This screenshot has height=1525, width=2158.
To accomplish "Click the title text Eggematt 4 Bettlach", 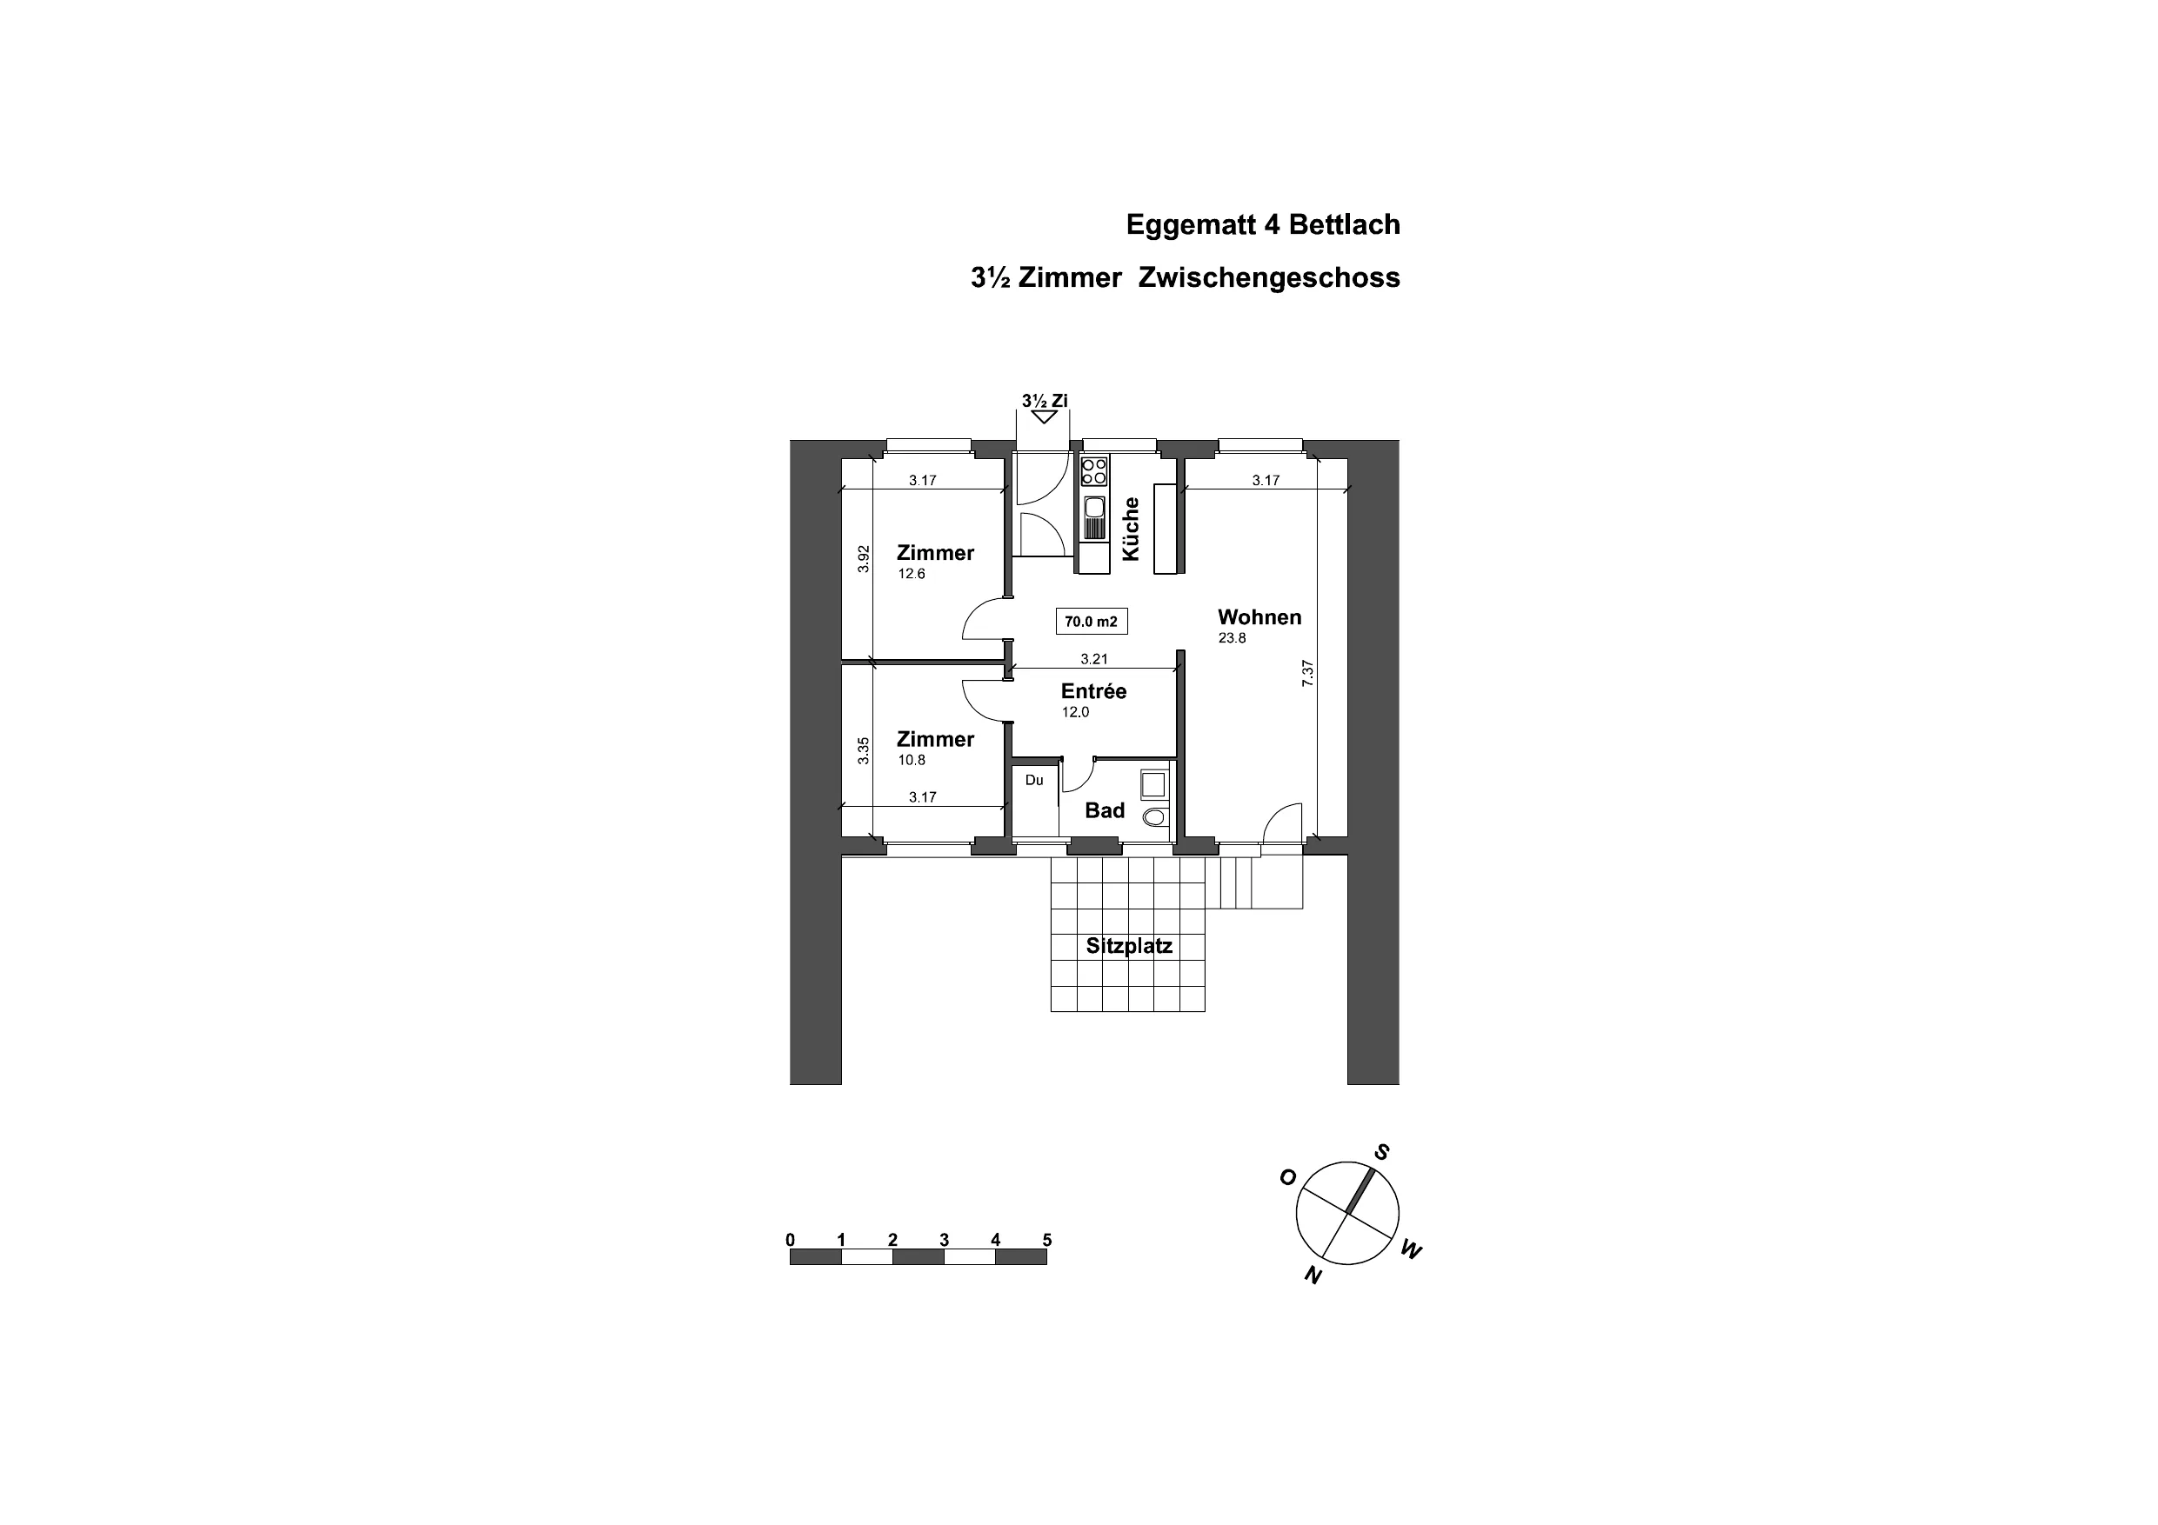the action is pos(1262,225).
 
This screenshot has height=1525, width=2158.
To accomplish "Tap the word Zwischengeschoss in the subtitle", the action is pos(1269,279).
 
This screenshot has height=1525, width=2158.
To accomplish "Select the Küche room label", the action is pos(1131,529).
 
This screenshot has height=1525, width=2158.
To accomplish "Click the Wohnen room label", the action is pos(1259,617).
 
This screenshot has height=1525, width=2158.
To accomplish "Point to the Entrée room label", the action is pos(1093,690).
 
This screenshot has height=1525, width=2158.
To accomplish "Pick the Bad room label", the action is pos(1105,810).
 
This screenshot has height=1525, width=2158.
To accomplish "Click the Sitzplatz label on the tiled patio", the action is pos(1129,946).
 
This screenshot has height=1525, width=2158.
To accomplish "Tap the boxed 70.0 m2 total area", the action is pos(1092,622).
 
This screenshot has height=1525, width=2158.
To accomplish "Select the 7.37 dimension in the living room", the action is pos(1307,674).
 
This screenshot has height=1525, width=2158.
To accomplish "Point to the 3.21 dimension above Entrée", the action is pos(1094,660).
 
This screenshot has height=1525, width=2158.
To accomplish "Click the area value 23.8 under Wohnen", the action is pos(1233,639).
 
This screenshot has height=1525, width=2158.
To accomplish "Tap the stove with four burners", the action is pos(1093,470).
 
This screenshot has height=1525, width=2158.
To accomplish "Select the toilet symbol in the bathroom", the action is pos(1155,816).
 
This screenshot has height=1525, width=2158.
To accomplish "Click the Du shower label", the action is pos(1034,780).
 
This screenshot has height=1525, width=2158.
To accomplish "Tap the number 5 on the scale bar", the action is pos(1047,1241).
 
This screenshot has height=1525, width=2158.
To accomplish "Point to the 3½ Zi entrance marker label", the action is pos(1045,401).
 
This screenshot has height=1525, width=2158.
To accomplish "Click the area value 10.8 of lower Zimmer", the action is pos(912,760).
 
